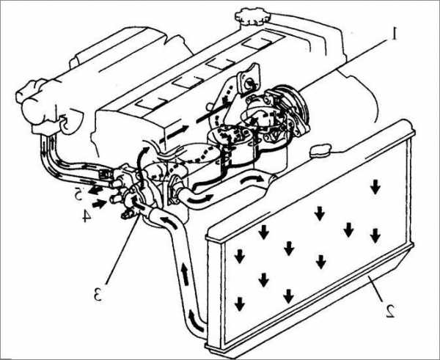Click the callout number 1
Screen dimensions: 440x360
[395, 34]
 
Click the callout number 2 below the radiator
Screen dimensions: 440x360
[390, 311]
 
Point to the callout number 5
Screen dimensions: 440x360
[79, 194]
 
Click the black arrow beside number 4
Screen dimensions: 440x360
[100, 203]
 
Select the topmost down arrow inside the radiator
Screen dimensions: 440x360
[375, 187]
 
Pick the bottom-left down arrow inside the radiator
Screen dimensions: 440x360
[239, 304]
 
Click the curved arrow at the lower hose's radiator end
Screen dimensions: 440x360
[196, 320]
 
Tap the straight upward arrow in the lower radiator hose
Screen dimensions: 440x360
[185, 273]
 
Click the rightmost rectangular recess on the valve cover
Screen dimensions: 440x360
[257, 43]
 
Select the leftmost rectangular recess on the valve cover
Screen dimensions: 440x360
[150, 103]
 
